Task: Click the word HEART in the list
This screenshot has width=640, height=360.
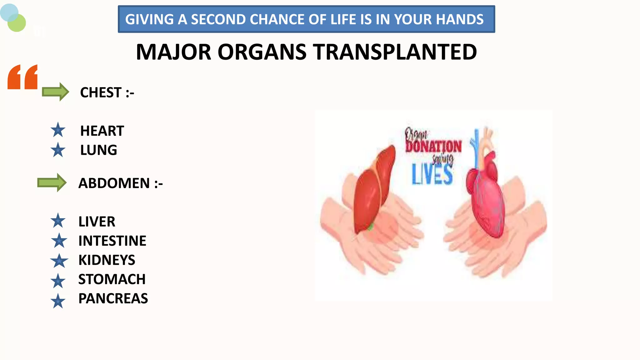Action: (102, 131)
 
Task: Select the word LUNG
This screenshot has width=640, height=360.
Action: (98, 150)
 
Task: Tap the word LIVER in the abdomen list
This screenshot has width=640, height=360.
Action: (97, 222)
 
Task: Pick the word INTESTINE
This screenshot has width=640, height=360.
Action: (112, 241)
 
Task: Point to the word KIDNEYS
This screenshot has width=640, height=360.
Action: (107, 260)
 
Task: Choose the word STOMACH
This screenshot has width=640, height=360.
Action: (112, 279)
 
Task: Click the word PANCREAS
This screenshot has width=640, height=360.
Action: (113, 299)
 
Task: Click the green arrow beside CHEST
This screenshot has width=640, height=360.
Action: (55, 92)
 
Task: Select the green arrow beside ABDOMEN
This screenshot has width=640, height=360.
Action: (52, 182)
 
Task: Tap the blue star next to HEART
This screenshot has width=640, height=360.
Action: (58, 130)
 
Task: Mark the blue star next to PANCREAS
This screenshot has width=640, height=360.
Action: (58, 301)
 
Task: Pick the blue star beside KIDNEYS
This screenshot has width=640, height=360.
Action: (59, 261)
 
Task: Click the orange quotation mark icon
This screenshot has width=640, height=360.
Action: (22, 77)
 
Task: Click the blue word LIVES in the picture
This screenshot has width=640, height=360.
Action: (432, 174)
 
